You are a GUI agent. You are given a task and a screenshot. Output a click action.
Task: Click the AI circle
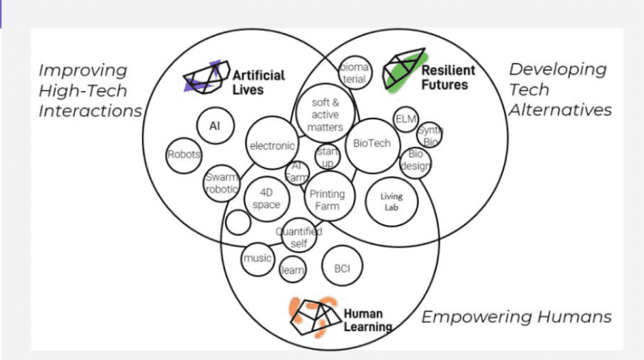215,126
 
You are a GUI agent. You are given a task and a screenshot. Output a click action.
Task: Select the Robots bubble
184,155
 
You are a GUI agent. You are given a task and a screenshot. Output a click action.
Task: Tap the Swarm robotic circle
223,183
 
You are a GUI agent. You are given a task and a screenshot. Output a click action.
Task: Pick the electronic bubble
272,145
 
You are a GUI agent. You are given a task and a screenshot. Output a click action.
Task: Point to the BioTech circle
372,144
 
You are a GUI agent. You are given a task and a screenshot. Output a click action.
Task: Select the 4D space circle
266,199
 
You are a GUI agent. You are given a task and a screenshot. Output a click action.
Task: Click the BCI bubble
341,268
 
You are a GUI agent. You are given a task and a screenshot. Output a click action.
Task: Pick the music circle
258,259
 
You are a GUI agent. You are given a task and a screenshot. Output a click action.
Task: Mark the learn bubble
292,270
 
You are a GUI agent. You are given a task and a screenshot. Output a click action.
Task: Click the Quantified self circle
298,237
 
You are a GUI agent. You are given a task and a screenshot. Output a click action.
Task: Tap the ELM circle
406,119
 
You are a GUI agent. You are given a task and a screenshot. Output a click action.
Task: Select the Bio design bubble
415,160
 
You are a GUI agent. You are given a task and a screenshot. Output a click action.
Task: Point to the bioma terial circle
354,73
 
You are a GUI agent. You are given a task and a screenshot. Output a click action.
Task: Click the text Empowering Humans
516,317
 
